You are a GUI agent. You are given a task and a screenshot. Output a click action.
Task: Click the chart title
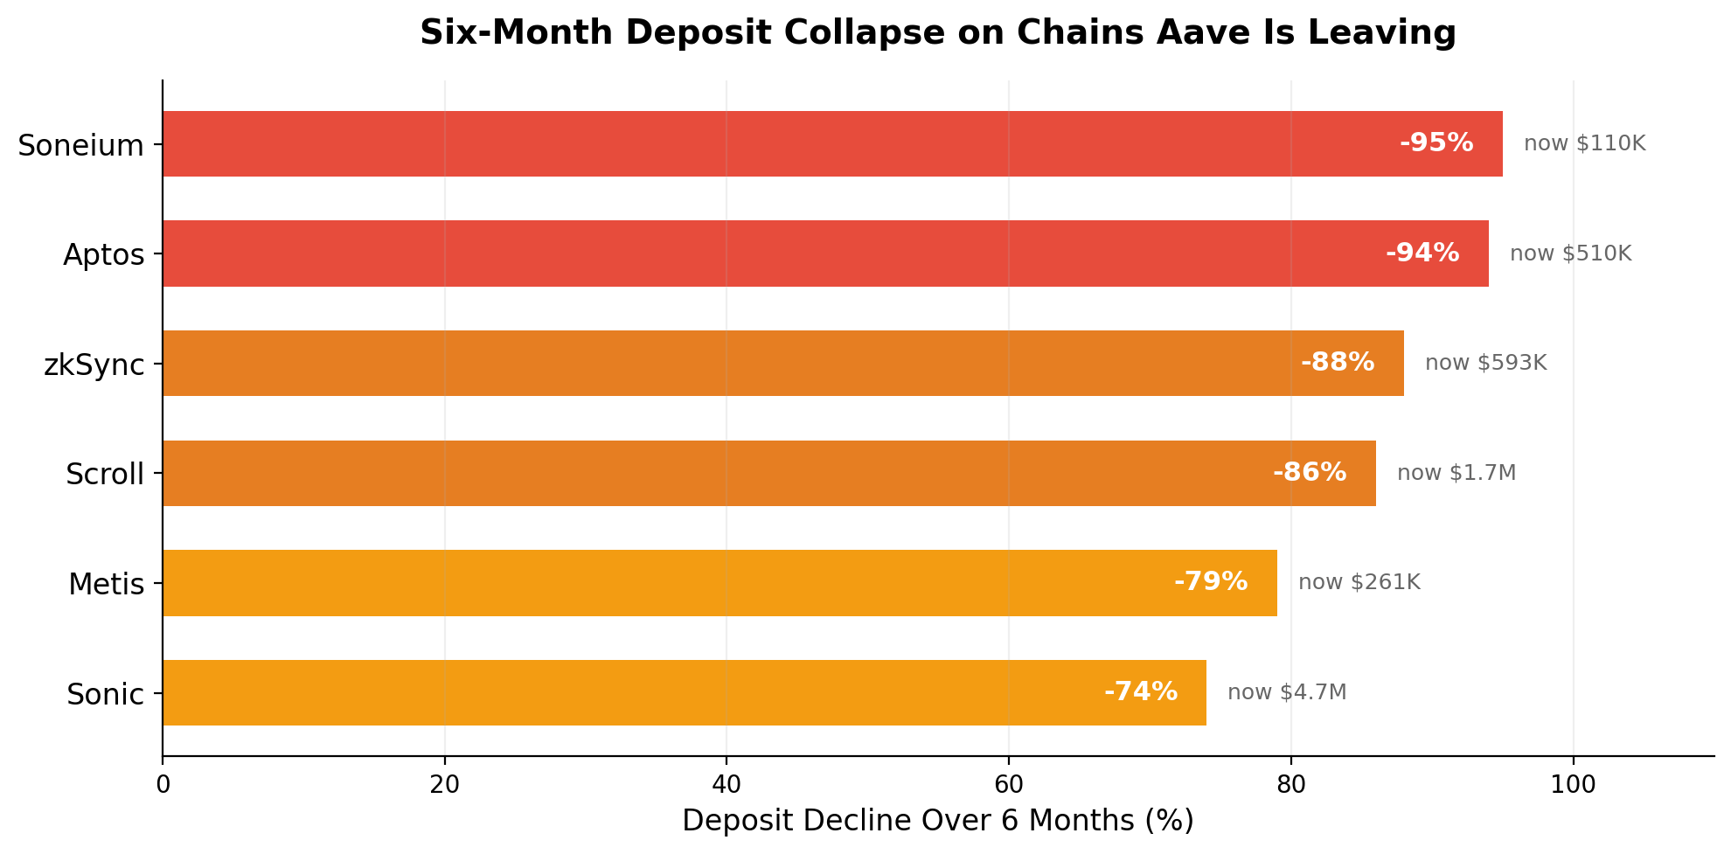click(x=938, y=33)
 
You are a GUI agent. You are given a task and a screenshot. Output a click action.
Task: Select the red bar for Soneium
click(x=832, y=143)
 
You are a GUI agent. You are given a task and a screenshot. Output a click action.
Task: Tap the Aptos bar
click(x=825, y=253)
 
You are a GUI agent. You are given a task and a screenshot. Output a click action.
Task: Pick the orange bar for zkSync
click(x=783, y=363)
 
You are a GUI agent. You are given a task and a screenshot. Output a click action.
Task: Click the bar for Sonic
click(x=685, y=692)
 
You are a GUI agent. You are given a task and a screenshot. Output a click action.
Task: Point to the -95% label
click(x=1436, y=142)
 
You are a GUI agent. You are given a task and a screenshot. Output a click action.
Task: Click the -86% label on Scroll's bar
click(x=1310, y=472)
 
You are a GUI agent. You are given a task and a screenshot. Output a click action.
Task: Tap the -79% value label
click(x=1211, y=581)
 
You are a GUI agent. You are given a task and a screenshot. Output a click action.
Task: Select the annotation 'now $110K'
click(x=1585, y=143)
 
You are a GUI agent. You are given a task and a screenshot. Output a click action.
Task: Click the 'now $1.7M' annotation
click(x=1456, y=473)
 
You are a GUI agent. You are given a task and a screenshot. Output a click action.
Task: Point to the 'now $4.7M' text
click(x=1287, y=692)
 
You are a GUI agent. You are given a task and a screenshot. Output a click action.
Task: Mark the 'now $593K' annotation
click(x=1486, y=363)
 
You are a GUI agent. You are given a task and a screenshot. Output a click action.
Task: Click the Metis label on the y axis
click(x=107, y=583)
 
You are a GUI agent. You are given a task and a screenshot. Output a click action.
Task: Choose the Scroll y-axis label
click(x=105, y=474)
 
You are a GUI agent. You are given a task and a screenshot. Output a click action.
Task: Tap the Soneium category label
click(x=81, y=145)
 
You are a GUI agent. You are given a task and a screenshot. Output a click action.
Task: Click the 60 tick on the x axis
click(x=1008, y=784)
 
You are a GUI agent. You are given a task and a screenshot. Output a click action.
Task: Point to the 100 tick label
click(x=1573, y=784)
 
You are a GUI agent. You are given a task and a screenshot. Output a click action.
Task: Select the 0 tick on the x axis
click(x=163, y=784)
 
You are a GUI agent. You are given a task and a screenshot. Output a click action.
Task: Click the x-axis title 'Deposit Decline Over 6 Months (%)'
click(x=938, y=821)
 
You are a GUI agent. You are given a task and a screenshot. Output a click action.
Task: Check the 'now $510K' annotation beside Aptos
click(x=1571, y=253)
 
